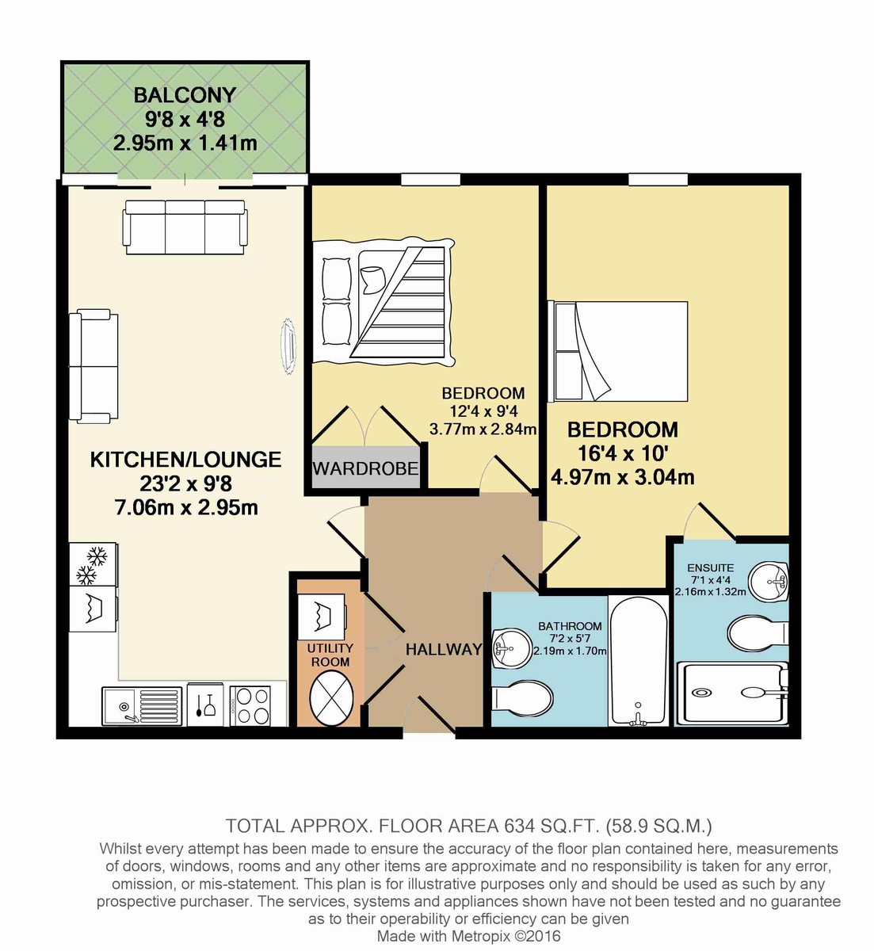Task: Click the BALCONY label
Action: [x=185, y=95]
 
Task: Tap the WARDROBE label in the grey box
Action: [x=365, y=469]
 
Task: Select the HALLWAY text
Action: [x=444, y=650]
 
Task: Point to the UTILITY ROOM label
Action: [x=330, y=655]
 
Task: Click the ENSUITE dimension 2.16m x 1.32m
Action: [x=711, y=592]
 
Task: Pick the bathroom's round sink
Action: [x=511, y=648]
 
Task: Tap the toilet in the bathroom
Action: [x=521, y=698]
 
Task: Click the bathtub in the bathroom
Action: [x=639, y=661]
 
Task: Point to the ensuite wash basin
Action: [x=769, y=580]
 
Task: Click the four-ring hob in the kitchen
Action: [x=250, y=705]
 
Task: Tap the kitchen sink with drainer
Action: [x=142, y=706]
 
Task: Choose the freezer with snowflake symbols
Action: [x=93, y=564]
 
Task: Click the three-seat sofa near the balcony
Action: [x=185, y=227]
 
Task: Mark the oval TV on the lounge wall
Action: [x=288, y=347]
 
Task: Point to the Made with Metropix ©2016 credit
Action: [x=468, y=936]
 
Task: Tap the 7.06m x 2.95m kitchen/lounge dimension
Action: [x=186, y=508]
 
